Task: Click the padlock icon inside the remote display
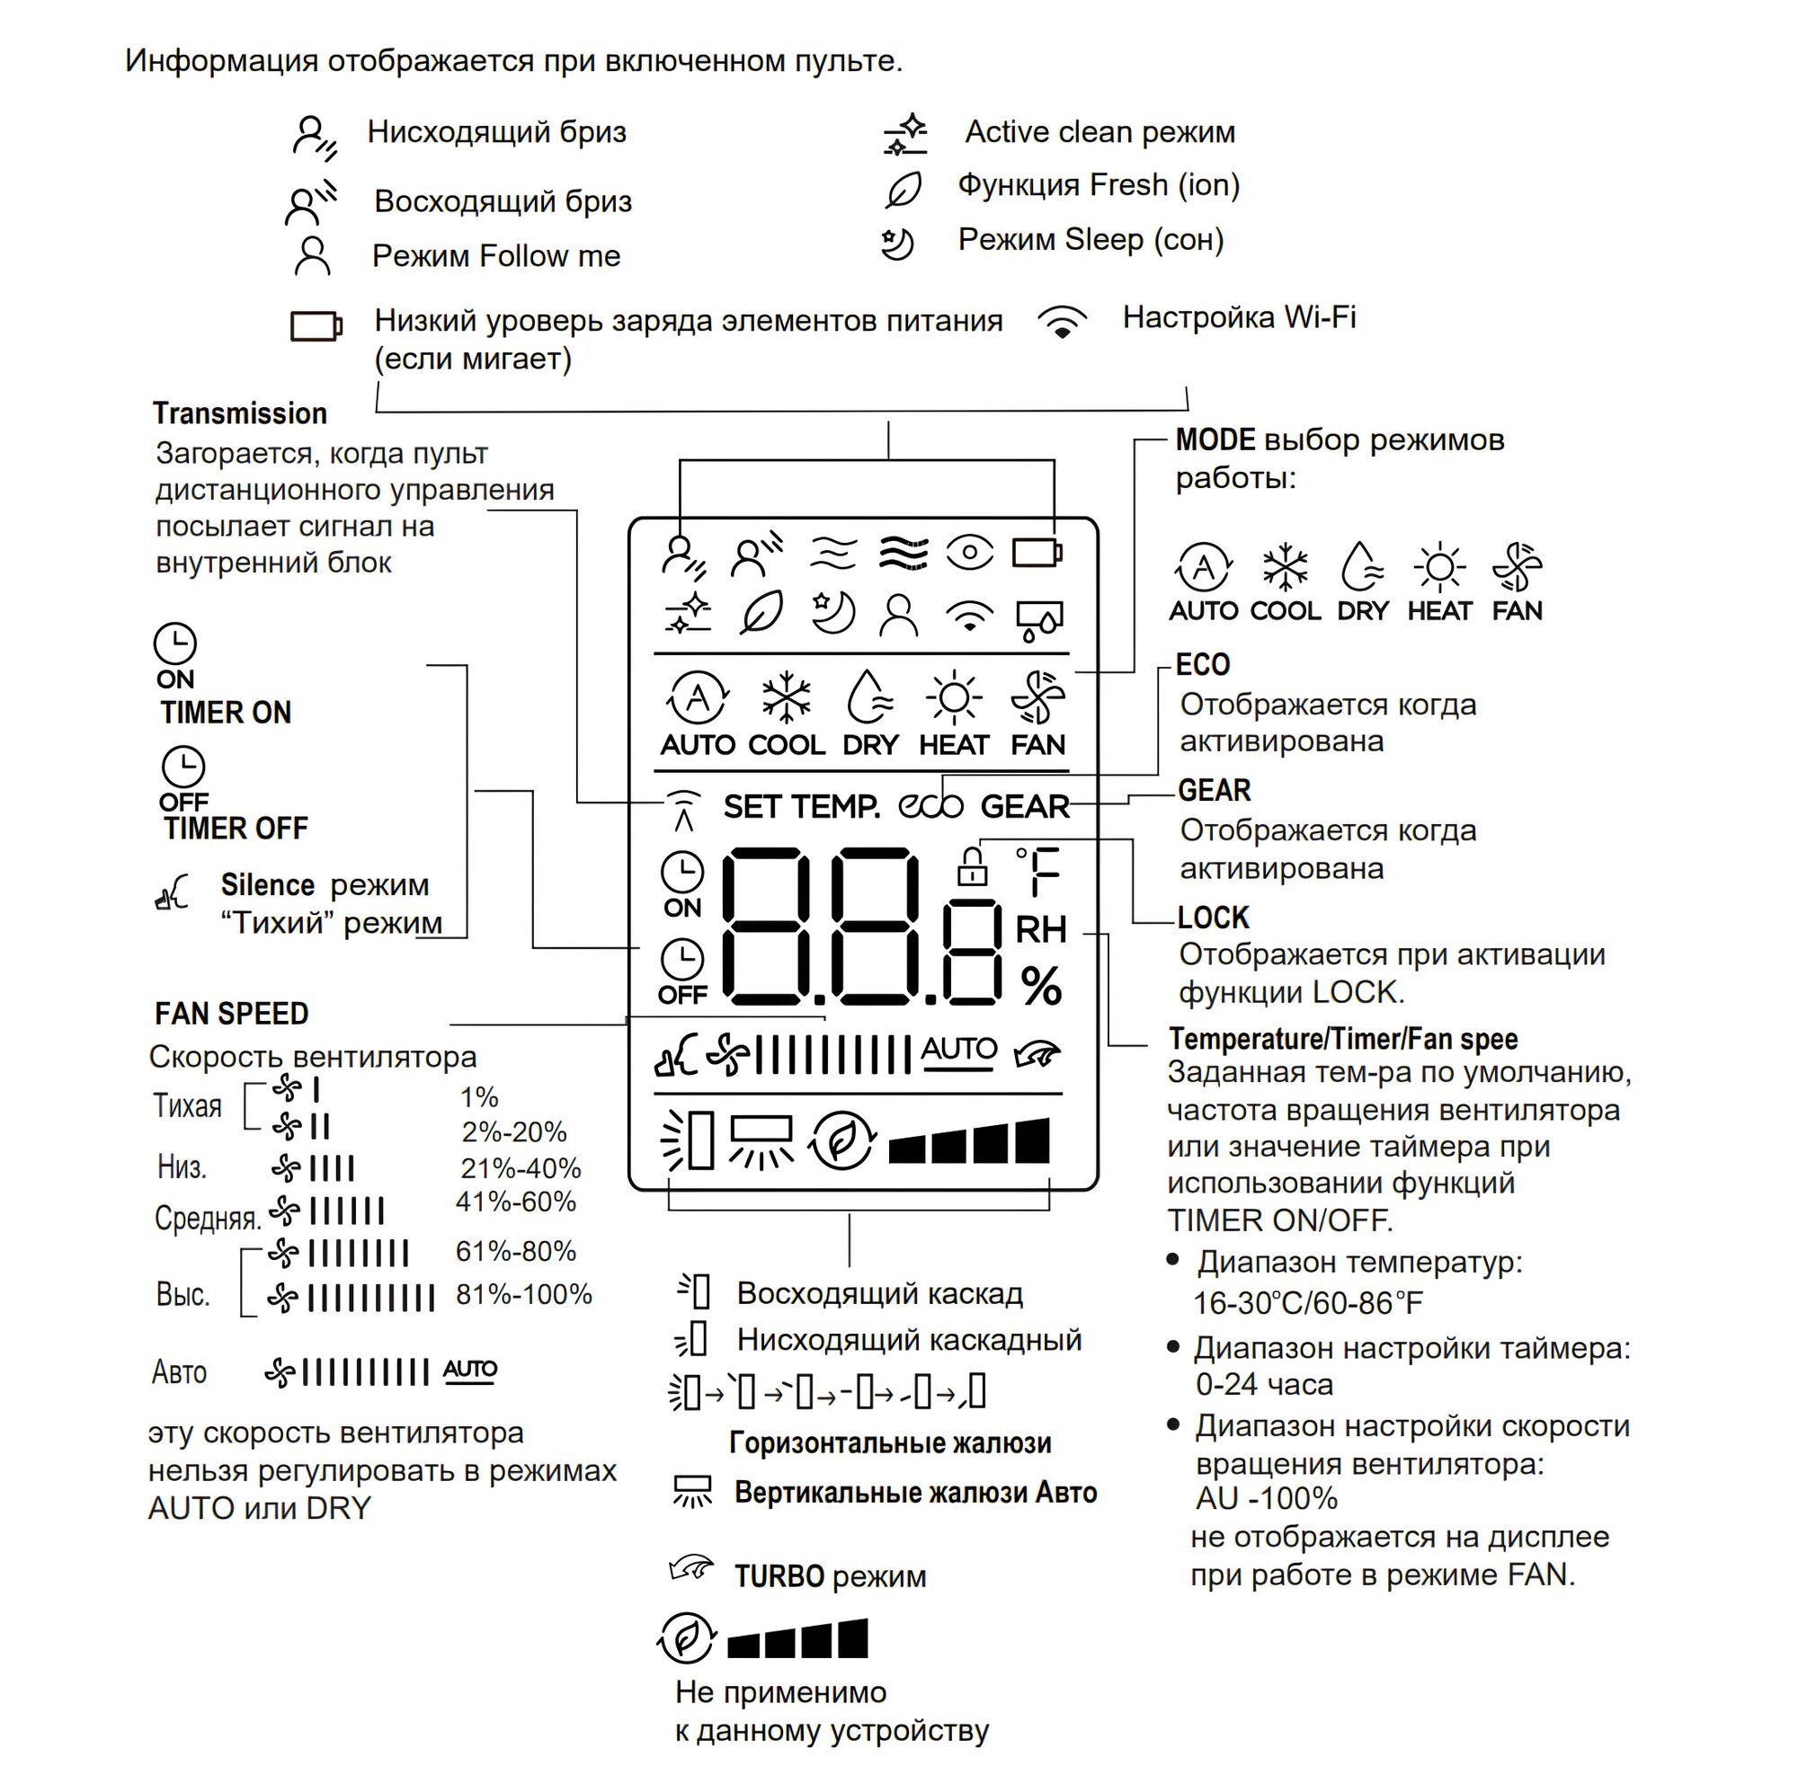click(x=973, y=867)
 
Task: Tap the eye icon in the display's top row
click(x=970, y=553)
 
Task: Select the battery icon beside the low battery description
click(x=316, y=326)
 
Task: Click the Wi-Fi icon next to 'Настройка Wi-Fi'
click(x=1063, y=322)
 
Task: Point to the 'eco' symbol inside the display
click(x=930, y=806)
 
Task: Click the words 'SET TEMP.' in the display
click(x=802, y=807)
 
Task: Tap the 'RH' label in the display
click(x=1040, y=928)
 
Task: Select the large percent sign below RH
click(x=1040, y=986)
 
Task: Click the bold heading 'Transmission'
click(x=240, y=413)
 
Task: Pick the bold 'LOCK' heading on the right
click(x=1214, y=918)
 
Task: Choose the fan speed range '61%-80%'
click(x=515, y=1251)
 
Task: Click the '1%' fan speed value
click(x=479, y=1097)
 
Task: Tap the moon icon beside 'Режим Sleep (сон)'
click(x=898, y=244)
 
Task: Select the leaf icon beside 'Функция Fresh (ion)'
click(x=903, y=190)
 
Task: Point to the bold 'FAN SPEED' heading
click(x=232, y=1013)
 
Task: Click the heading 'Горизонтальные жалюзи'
click(x=890, y=1443)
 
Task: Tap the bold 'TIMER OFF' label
click(x=236, y=828)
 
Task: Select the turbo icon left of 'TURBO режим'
click(x=691, y=1570)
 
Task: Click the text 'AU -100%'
click(x=1267, y=1499)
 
